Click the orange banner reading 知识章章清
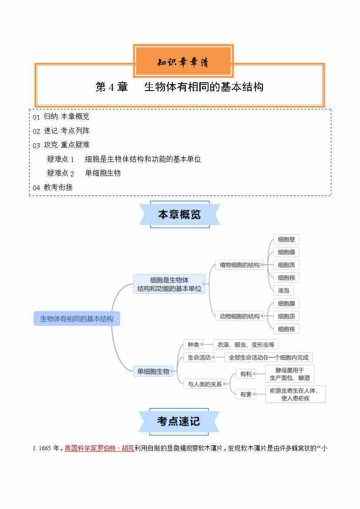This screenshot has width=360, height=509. (183, 61)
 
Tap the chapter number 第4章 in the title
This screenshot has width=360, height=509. (111, 87)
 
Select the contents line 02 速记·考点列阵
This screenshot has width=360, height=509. (61, 131)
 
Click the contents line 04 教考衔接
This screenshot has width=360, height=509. (53, 187)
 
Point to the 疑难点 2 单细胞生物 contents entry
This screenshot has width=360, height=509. (84, 173)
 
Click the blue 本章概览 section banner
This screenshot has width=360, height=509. (180, 214)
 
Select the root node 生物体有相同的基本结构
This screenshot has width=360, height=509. (77, 318)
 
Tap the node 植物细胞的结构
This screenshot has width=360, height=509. (239, 265)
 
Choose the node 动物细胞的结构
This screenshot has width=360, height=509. (239, 316)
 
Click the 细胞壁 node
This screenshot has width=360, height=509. (286, 239)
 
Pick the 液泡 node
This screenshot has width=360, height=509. (283, 290)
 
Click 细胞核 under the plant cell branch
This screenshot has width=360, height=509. (286, 278)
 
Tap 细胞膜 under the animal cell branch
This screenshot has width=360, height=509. (286, 303)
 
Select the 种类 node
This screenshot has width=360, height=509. (193, 344)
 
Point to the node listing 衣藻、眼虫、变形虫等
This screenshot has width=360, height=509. (246, 344)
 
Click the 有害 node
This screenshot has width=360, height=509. (246, 394)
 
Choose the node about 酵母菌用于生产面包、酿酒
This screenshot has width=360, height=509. (289, 374)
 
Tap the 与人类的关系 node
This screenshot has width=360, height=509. (205, 384)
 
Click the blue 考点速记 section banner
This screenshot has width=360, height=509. (179, 421)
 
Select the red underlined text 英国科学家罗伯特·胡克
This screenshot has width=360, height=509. (99, 448)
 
